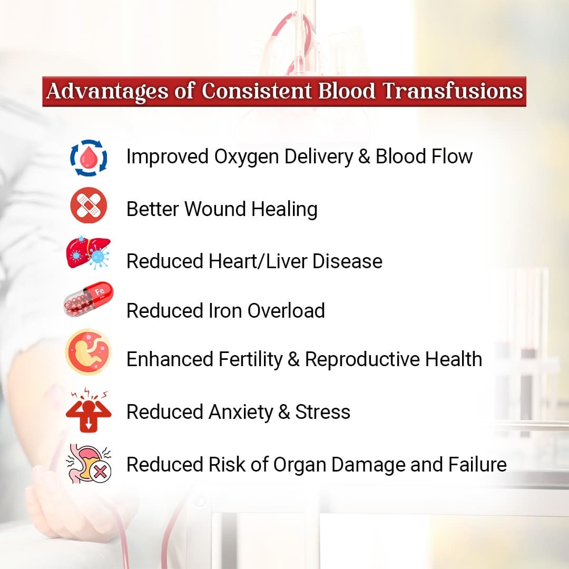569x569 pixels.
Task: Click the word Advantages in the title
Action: point(107,92)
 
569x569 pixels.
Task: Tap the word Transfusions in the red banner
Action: point(453,91)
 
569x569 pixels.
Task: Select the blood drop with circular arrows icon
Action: point(89,158)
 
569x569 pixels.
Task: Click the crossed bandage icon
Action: point(89,205)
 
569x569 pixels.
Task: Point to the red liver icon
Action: point(88,252)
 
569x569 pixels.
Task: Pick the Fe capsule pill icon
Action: point(88,299)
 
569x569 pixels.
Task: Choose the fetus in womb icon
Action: point(89,352)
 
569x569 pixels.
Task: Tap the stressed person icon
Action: point(89,410)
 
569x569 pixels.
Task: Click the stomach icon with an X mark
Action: point(89,464)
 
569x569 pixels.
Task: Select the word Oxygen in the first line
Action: point(247,158)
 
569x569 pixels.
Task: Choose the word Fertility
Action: point(250,360)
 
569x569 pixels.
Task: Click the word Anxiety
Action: point(241,413)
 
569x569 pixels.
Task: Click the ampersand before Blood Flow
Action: point(364,157)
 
